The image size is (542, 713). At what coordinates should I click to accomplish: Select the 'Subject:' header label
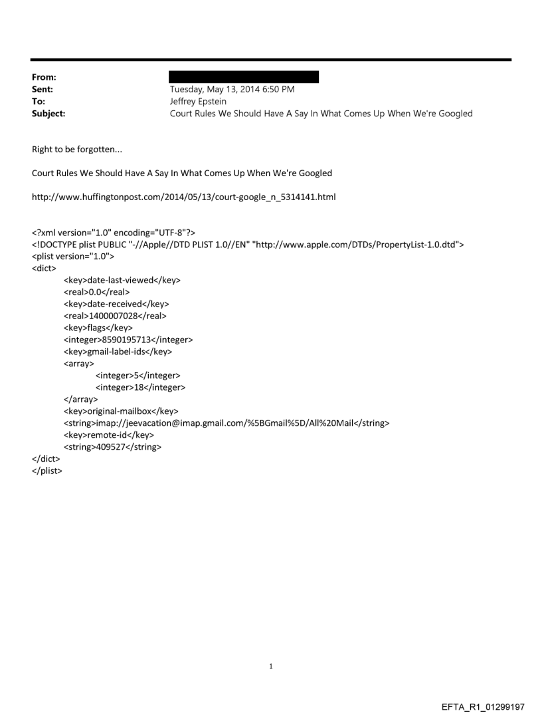coord(48,113)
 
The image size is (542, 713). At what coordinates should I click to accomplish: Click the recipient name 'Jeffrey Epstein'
coord(200,101)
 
